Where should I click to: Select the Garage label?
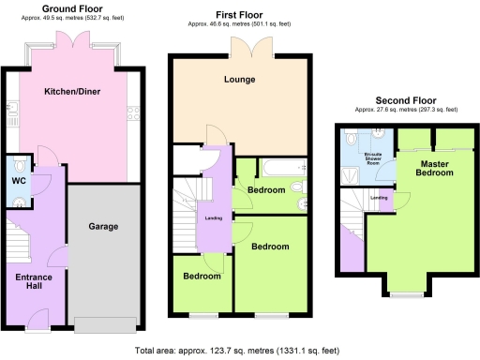[x=103, y=227]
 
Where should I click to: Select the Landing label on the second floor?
[x=380, y=198]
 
